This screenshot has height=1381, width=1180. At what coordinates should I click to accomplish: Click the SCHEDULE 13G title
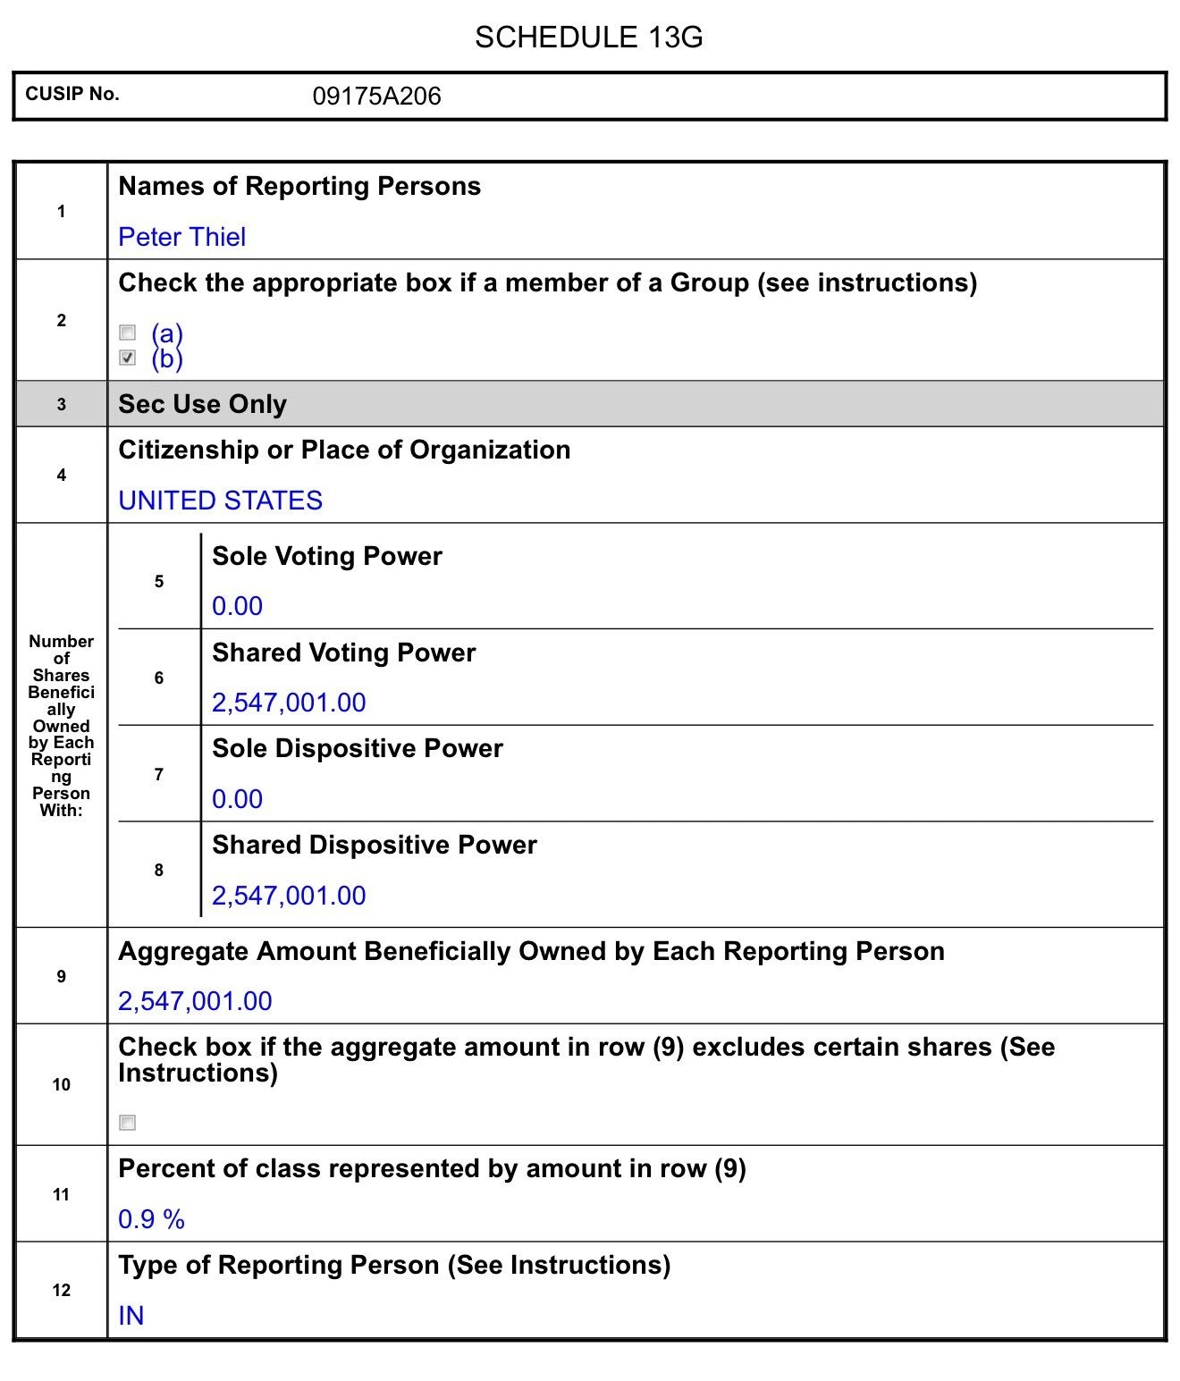(588, 38)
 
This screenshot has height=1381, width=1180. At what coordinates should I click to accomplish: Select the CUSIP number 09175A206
(376, 97)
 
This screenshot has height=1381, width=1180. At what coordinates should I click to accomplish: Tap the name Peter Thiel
(181, 237)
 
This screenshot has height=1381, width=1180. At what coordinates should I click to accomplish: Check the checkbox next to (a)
(128, 333)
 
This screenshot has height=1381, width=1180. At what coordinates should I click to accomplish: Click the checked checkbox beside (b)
(128, 358)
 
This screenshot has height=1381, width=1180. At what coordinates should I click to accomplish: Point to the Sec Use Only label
(202, 404)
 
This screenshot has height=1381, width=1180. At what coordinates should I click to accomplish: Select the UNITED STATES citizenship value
(220, 501)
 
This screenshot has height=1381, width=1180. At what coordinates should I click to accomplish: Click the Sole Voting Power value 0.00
(237, 606)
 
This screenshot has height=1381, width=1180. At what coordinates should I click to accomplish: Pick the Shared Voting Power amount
(289, 703)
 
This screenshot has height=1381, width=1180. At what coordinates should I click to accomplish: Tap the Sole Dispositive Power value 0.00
(237, 799)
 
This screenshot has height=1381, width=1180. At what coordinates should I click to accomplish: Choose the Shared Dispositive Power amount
(289, 896)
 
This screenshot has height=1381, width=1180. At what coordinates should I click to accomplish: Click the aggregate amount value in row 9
(195, 1001)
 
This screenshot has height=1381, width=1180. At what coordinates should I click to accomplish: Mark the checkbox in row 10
(128, 1123)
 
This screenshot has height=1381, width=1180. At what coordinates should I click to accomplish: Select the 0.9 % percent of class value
(151, 1219)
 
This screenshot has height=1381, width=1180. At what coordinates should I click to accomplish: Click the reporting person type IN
(131, 1316)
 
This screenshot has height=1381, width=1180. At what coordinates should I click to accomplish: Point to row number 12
(61, 1290)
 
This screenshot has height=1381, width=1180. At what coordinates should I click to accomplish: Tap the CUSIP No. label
(72, 95)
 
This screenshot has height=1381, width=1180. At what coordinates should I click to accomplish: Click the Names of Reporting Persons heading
(299, 186)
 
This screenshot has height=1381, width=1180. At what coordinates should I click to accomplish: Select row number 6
(158, 678)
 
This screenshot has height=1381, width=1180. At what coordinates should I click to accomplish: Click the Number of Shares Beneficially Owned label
(61, 725)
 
